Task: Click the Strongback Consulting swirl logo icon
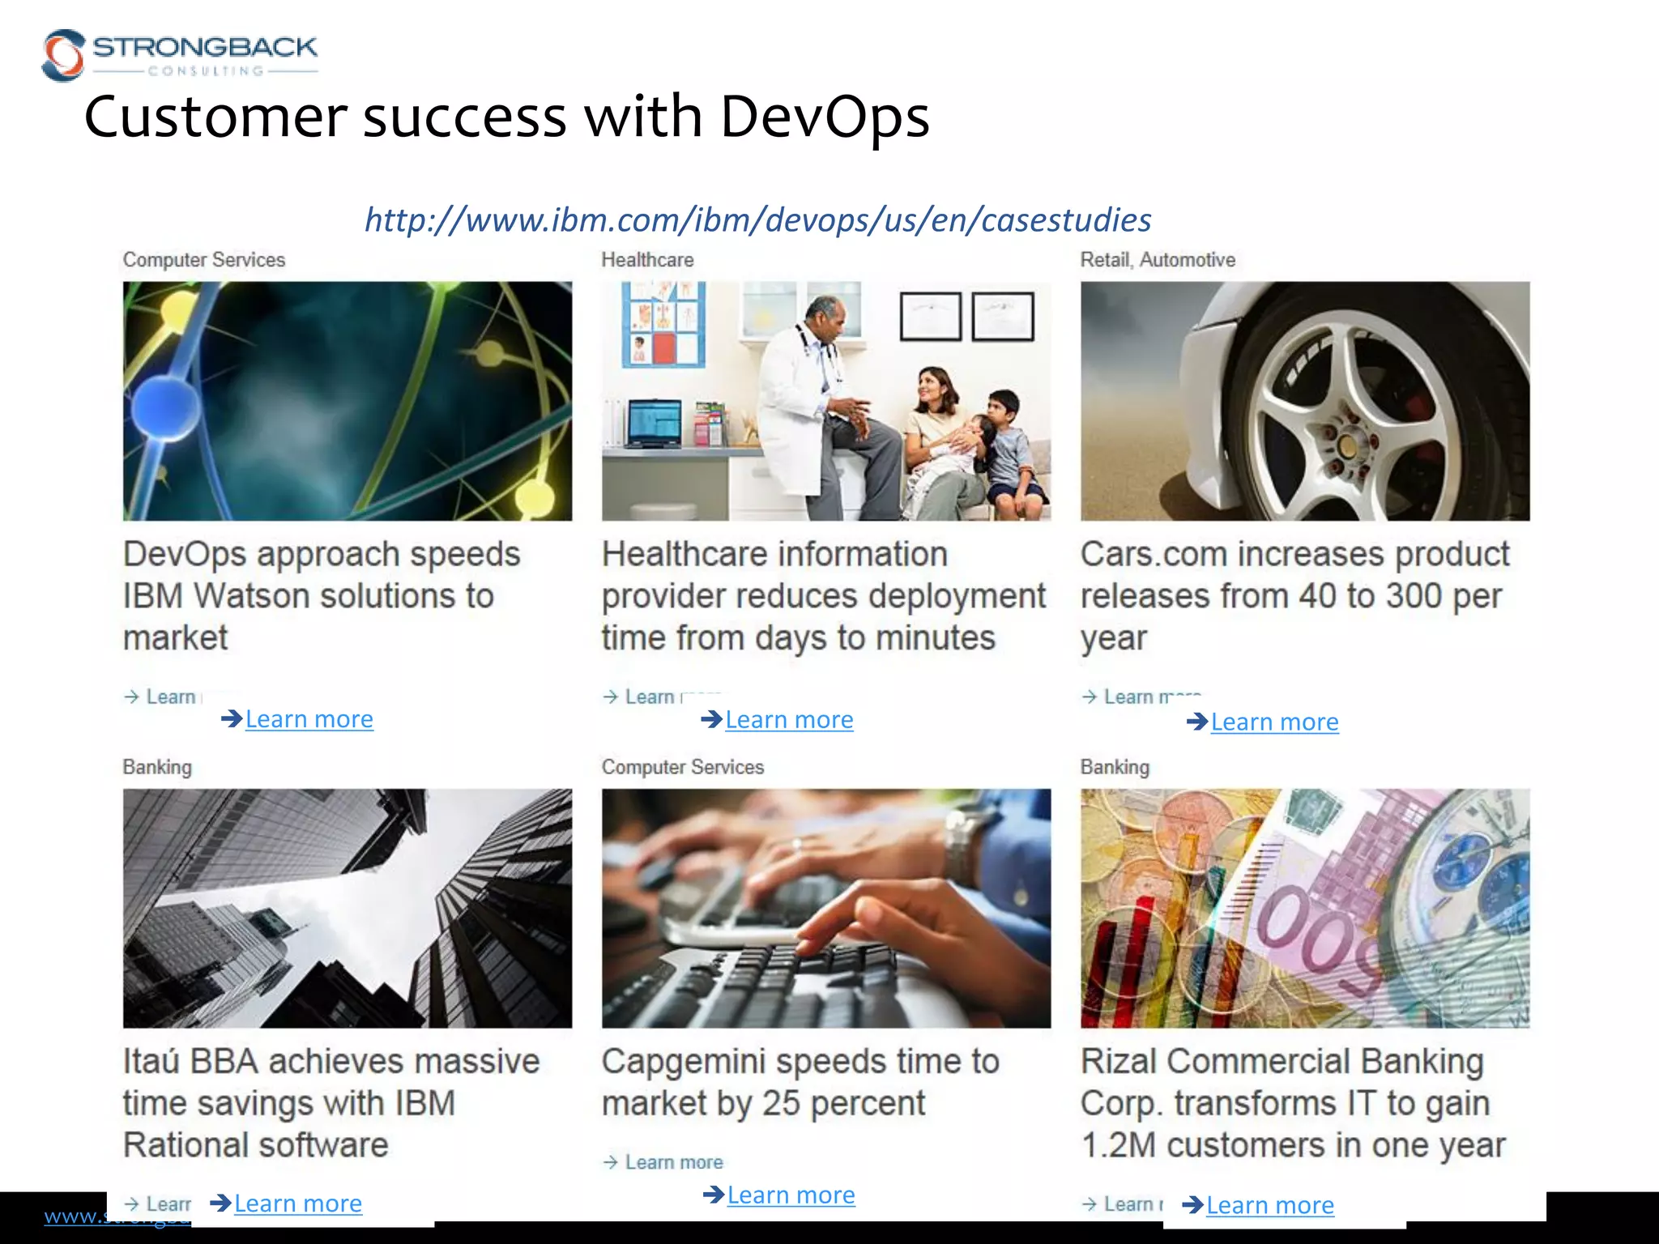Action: (x=63, y=55)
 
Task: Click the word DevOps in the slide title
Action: (x=824, y=117)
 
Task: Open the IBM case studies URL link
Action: (x=757, y=219)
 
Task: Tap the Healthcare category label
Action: (x=647, y=260)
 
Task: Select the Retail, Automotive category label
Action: (x=1157, y=260)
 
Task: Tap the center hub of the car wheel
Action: (x=1346, y=445)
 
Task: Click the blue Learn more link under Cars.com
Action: (x=1273, y=722)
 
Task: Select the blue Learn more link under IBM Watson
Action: (x=309, y=719)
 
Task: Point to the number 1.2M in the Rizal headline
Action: (x=1118, y=1145)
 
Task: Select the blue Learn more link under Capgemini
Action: (x=791, y=1195)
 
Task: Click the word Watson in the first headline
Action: (x=251, y=596)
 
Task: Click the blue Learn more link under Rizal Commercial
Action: (x=1269, y=1205)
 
